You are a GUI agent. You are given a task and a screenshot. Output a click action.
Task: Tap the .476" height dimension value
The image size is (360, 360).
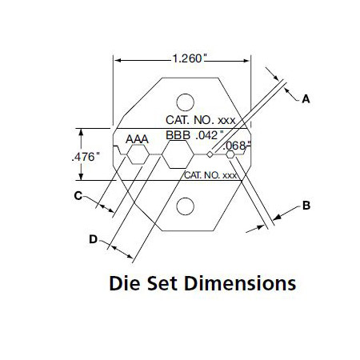[86, 157]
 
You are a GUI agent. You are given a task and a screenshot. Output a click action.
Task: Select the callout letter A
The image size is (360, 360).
[306, 99]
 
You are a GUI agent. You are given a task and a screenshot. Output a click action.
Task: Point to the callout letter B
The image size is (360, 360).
[306, 206]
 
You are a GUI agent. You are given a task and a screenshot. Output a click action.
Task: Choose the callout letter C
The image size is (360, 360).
[78, 196]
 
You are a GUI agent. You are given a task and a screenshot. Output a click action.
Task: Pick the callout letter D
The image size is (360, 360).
[93, 239]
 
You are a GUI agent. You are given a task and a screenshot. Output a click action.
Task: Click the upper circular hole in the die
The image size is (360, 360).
[185, 102]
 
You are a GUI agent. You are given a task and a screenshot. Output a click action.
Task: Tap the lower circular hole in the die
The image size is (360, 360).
[185, 206]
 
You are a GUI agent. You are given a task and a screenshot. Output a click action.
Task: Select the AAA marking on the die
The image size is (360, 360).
[137, 139]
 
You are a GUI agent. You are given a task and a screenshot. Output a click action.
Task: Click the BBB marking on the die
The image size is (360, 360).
[178, 135]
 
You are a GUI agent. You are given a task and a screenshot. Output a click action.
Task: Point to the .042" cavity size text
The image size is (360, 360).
[210, 136]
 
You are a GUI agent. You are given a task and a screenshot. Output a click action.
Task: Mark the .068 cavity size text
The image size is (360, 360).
[236, 146]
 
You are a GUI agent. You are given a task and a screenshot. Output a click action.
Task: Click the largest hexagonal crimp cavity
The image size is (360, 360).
[178, 154]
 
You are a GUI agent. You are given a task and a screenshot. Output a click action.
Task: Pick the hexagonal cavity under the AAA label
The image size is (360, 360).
[138, 154]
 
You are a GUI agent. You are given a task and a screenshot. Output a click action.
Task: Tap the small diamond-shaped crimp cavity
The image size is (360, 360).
[210, 154]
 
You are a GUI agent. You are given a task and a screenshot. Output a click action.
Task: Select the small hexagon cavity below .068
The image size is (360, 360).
[230, 154]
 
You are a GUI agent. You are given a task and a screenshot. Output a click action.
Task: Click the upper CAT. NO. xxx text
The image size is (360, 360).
[201, 120]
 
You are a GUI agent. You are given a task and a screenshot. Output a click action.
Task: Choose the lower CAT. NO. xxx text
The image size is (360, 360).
[210, 175]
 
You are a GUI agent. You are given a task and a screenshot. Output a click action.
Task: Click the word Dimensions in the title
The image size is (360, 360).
[240, 283]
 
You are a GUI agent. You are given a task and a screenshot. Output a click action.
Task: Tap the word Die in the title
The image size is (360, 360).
[125, 283]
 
